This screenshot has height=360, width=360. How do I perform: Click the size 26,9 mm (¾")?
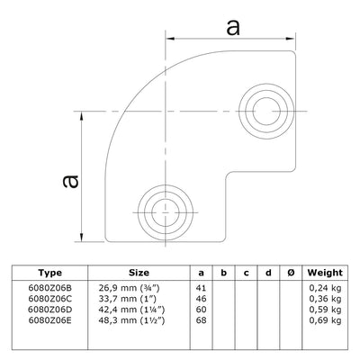pyautogui.click(x=130, y=285)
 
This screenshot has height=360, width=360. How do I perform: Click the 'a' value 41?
pyautogui.click(x=200, y=285)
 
